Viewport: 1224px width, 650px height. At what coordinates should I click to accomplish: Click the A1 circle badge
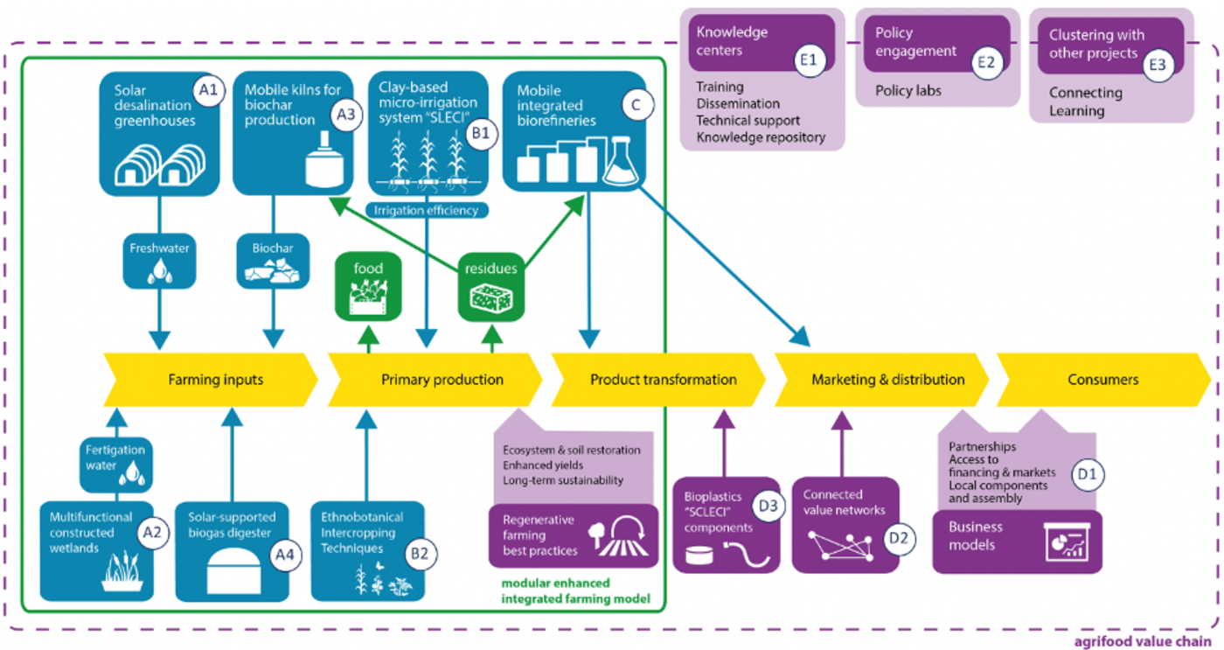tap(208, 89)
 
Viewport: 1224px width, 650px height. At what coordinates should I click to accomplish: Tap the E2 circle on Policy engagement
tap(986, 62)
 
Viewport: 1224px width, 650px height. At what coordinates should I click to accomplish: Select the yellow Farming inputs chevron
tap(211, 380)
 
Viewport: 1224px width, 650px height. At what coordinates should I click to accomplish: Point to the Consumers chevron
tap(1103, 380)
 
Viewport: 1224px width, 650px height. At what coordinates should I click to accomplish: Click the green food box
tap(368, 286)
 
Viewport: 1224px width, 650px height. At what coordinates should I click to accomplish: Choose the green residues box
tap(490, 286)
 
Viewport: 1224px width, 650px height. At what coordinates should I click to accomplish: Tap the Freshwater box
tap(159, 262)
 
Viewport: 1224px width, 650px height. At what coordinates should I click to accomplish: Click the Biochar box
tap(273, 262)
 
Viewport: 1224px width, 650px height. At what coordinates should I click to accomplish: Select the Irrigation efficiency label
tap(427, 211)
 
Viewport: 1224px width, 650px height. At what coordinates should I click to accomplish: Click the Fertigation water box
tap(115, 465)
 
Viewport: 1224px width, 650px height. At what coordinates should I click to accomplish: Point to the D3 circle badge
tap(768, 506)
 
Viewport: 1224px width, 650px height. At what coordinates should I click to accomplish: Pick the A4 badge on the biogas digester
tap(285, 556)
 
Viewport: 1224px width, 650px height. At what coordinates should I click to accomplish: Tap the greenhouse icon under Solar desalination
tap(160, 164)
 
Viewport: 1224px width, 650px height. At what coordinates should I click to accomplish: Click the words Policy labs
tap(908, 91)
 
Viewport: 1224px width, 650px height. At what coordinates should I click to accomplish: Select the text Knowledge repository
tap(761, 137)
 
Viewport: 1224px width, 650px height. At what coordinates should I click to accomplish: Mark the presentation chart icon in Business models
tap(1066, 542)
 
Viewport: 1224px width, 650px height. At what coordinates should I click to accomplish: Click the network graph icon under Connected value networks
tap(841, 545)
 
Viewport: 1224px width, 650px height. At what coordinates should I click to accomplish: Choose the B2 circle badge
tap(420, 554)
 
